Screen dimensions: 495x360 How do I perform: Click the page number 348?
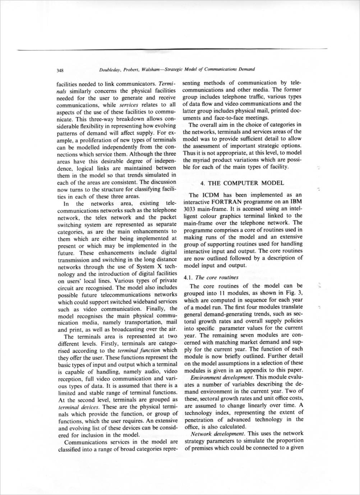point(60,70)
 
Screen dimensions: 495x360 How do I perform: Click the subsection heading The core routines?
point(217,277)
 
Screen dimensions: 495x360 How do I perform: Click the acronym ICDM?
point(206,195)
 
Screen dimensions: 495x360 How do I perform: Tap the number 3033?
point(190,209)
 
